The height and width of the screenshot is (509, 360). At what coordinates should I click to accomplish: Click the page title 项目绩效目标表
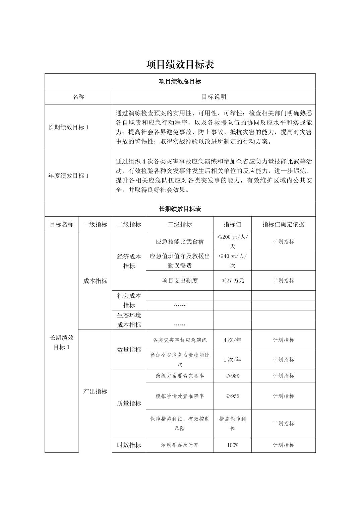pyautogui.click(x=180, y=64)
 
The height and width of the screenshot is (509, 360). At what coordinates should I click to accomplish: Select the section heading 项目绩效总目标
pyautogui.click(x=180, y=81)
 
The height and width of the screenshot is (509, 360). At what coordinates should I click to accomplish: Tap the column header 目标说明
pyautogui.click(x=214, y=97)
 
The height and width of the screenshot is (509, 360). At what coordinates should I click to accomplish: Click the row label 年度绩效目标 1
pyautogui.click(x=69, y=176)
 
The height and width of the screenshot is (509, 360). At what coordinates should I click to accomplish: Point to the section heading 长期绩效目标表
pyautogui.click(x=180, y=209)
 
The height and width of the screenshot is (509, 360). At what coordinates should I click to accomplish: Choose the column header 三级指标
pyautogui.click(x=180, y=224)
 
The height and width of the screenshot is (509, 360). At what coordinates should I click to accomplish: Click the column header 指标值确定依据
pyautogui.click(x=283, y=224)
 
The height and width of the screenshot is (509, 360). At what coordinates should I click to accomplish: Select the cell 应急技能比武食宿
pyautogui.click(x=180, y=241)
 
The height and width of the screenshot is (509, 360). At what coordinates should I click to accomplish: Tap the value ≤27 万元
pyautogui.click(x=232, y=281)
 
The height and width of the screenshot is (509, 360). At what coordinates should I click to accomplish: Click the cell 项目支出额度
pyautogui.click(x=180, y=281)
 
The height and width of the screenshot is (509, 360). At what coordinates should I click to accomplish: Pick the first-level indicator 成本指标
pyautogui.click(x=95, y=281)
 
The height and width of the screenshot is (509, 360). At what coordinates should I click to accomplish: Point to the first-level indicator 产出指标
pyautogui.click(x=95, y=391)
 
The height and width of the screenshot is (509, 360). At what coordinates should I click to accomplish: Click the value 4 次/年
pyautogui.click(x=232, y=340)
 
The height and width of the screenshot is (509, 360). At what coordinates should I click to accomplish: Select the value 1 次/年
pyautogui.click(x=232, y=360)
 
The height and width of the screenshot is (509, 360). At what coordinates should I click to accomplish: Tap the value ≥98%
pyautogui.click(x=232, y=376)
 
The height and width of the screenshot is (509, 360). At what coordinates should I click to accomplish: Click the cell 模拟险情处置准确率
pyautogui.click(x=180, y=396)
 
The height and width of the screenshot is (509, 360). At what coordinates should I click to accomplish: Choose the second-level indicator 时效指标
pyautogui.click(x=129, y=445)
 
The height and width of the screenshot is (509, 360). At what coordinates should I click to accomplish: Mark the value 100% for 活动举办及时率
pyautogui.click(x=232, y=445)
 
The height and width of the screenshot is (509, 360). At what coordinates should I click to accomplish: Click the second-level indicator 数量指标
pyautogui.click(x=129, y=350)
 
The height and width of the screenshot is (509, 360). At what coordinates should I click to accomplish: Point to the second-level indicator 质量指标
pyautogui.click(x=129, y=403)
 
